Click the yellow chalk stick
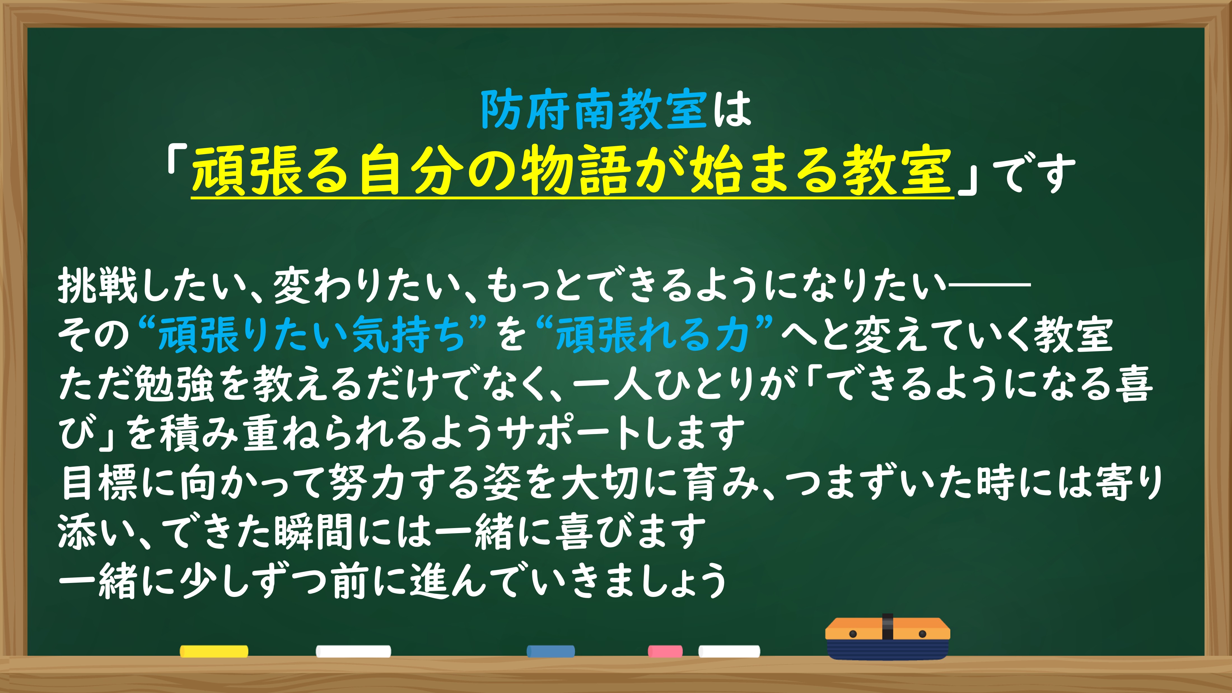click(x=214, y=651)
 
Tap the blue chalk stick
click(x=550, y=651)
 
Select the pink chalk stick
click(x=665, y=651)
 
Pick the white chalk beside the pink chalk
click(x=729, y=651)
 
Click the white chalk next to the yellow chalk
click(x=353, y=651)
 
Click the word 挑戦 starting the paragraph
click(x=98, y=286)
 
